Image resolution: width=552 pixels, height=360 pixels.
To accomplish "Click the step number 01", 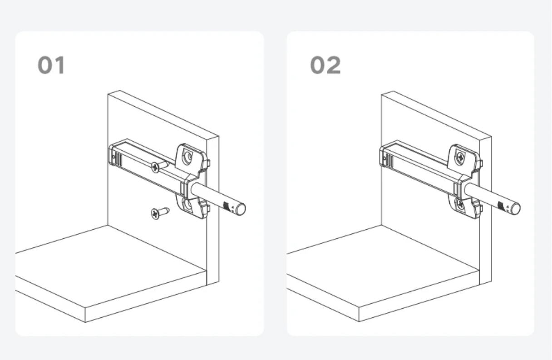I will tap(51, 65).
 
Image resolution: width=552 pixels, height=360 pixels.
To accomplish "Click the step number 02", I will tap(325, 65).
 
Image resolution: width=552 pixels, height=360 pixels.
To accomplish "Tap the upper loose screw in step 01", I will tap(157, 167).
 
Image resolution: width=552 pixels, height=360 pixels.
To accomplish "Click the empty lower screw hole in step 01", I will tap(187, 206).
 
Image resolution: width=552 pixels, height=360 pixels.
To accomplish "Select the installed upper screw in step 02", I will tap(460, 158).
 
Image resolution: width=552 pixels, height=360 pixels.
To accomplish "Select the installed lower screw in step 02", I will tap(460, 205).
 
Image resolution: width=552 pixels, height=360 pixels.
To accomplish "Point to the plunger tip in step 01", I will tap(241, 209).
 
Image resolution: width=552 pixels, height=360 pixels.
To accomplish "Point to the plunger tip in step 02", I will tap(514, 209).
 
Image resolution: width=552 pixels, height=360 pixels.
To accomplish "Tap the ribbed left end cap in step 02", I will tap(387, 156).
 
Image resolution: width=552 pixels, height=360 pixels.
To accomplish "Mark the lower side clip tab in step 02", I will tap(479, 208).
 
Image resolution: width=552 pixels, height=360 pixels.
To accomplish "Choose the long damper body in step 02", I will tap(420, 168).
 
